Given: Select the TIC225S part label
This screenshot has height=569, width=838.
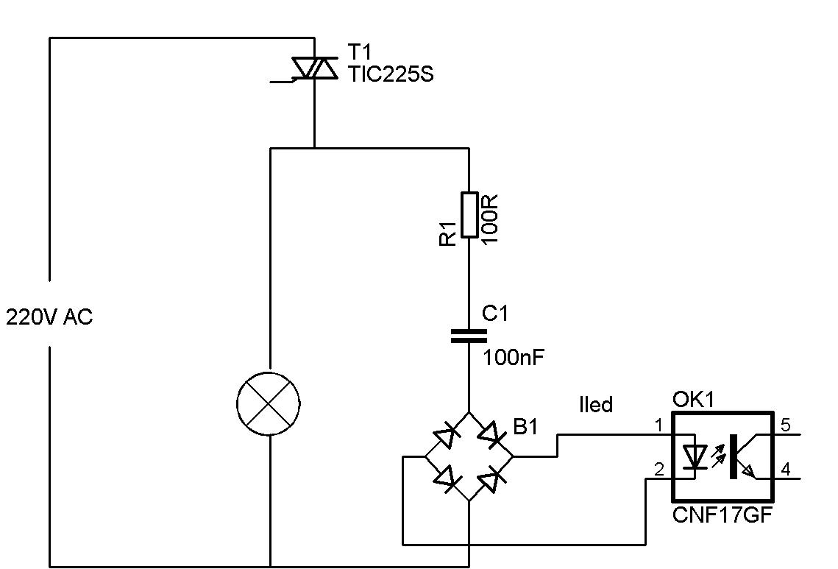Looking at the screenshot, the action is [x=391, y=74].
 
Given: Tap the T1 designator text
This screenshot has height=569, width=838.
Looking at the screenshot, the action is [x=359, y=52].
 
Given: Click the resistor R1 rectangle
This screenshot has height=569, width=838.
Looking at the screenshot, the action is [x=469, y=214].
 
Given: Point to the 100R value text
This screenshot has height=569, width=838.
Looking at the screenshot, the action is [x=490, y=219].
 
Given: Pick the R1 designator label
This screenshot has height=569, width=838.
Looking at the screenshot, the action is [x=448, y=233].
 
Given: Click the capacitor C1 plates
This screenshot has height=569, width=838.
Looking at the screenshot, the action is [x=469, y=336].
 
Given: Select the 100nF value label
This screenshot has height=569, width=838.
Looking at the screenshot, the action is [x=514, y=357].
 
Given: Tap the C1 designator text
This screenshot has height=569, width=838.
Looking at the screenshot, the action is [x=495, y=313].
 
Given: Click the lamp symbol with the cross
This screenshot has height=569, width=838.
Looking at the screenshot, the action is [x=269, y=404].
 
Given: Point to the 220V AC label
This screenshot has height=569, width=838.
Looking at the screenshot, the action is [x=49, y=317].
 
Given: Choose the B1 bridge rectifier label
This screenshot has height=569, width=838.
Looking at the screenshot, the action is [x=526, y=427].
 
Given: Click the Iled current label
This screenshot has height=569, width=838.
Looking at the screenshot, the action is [x=596, y=404].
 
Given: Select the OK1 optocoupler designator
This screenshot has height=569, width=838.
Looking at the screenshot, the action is [x=693, y=400].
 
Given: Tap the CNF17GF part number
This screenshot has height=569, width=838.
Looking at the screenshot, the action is [x=722, y=515].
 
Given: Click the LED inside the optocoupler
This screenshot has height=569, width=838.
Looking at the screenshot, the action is [x=695, y=456].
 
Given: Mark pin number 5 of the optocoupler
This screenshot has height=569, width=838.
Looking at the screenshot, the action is [x=786, y=425].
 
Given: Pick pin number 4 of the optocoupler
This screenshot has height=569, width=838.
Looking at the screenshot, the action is [x=786, y=470].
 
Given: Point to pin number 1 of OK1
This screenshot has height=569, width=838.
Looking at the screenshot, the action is [x=659, y=425].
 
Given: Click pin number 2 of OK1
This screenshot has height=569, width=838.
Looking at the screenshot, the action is [x=659, y=470].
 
